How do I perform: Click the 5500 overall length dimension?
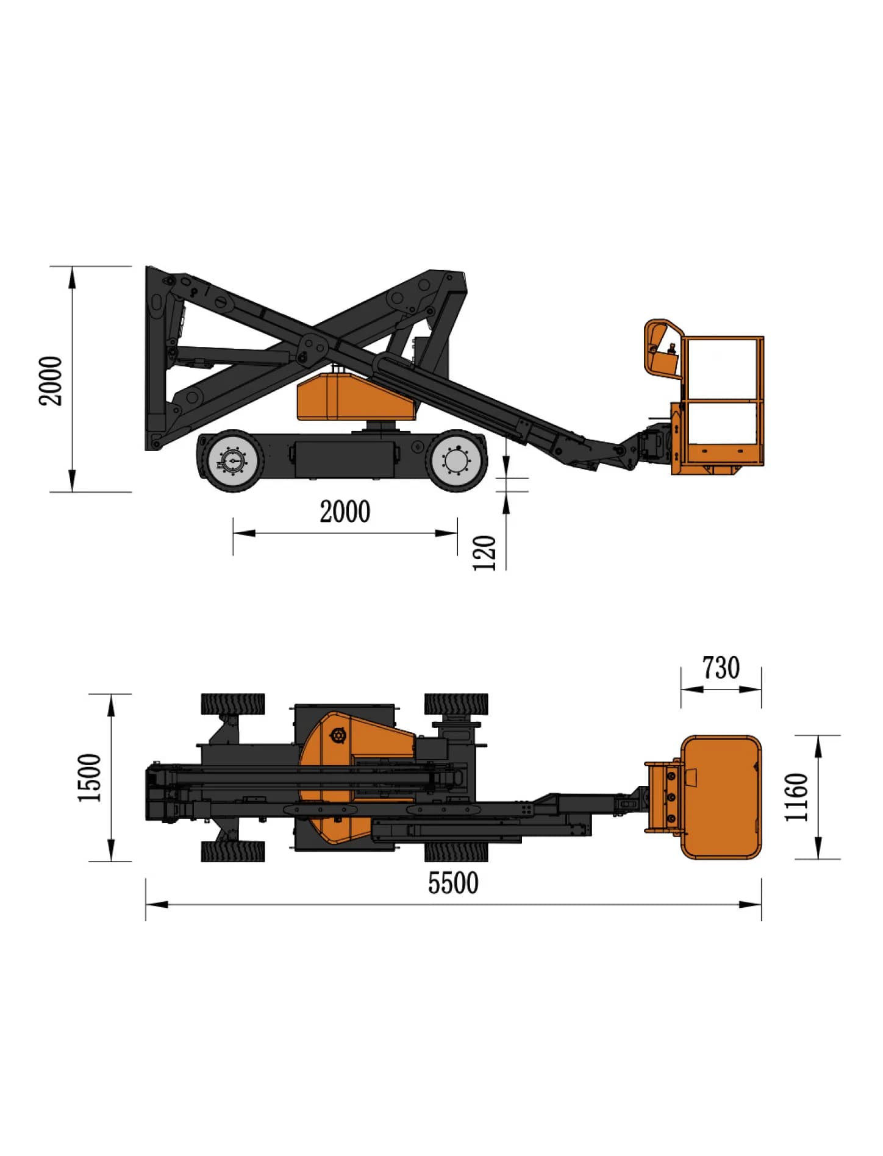pyautogui.click(x=453, y=883)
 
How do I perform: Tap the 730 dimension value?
pyautogui.click(x=721, y=668)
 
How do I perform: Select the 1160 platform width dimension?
pyautogui.click(x=796, y=797)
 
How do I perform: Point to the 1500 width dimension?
pyautogui.click(x=90, y=777)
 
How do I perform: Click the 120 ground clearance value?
pyautogui.click(x=485, y=553)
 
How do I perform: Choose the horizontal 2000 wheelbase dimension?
pyautogui.click(x=345, y=512)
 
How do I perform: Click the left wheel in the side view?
pyautogui.click(x=232, y=461)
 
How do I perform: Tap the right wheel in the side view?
pyautogui.click(x=456, y=460)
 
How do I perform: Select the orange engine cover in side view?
pyautogui.click(x=354, y=397)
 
